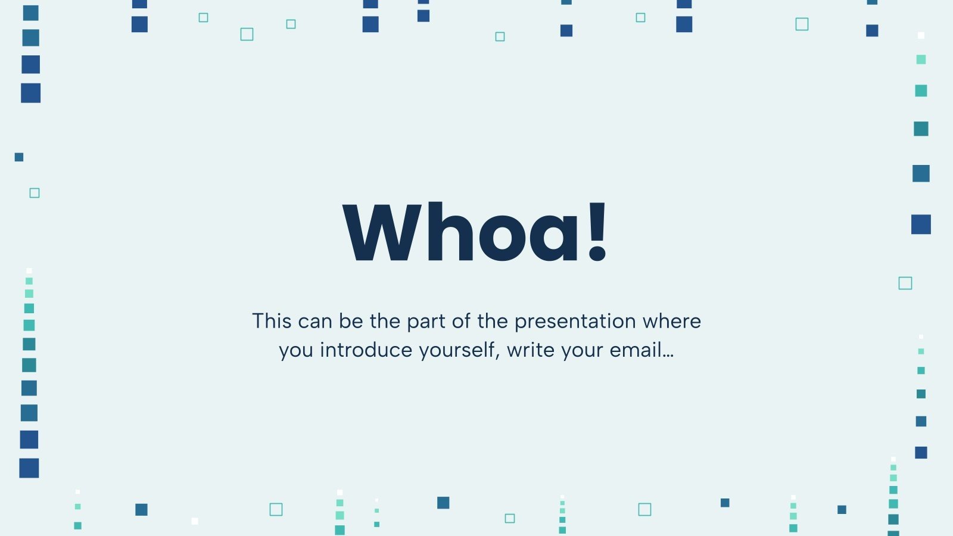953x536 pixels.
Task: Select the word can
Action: (315, 322)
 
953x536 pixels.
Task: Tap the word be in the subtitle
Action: (351, 321)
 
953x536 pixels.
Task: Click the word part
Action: (426, 323)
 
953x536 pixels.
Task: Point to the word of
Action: (461, 321)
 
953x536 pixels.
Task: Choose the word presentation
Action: (575, 323)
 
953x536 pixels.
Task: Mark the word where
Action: (671, 321)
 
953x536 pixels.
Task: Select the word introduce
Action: (366, 350)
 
